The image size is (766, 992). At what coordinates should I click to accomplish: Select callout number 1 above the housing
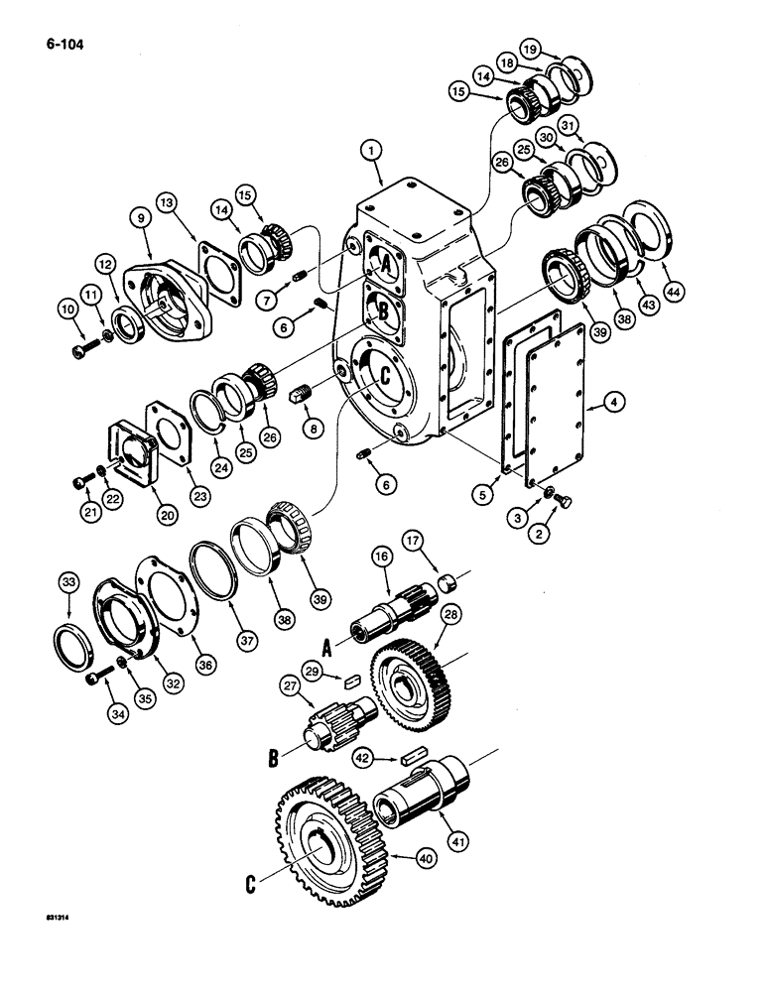click(x=372, y=151)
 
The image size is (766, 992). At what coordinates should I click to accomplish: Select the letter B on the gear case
click(x=382, y=312)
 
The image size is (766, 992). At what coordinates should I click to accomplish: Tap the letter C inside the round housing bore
click(x=379, y=375)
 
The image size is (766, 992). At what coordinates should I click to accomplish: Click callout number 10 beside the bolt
click(x=69, y=310)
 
